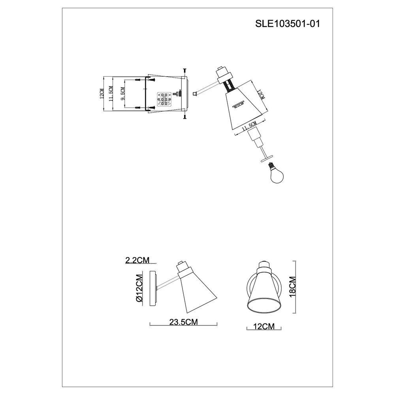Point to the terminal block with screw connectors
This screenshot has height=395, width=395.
click(164, 100)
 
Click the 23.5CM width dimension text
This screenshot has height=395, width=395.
click(184, 322)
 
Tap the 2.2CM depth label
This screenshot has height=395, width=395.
click(137, 260)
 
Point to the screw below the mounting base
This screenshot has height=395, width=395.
click(184, 116)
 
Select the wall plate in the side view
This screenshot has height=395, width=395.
click(153, 288)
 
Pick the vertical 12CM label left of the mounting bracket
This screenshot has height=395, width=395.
click(102, 94)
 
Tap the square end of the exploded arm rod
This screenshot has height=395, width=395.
click(195, 94)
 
